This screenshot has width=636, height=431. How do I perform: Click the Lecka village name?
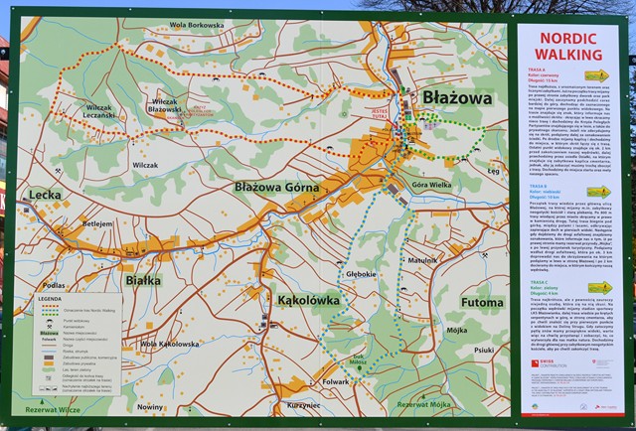45,195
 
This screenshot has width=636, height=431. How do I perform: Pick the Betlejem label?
97,224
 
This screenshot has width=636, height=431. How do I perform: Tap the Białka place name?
144,280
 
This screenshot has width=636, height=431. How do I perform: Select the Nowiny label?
150,407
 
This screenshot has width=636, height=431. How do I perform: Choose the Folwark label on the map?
336,381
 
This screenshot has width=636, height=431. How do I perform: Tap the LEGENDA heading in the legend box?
50,298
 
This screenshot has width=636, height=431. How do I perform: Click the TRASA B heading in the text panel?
542,186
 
